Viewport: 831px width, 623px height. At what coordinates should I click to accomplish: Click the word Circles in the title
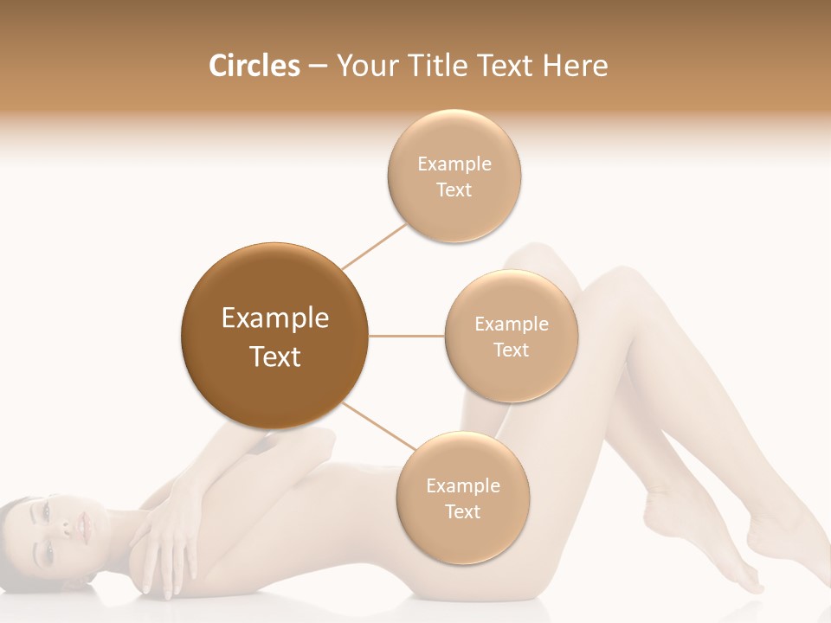(x=254, y=66)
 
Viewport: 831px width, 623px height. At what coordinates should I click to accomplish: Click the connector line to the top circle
(x=374, y=247)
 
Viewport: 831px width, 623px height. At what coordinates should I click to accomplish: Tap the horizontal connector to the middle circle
(x=407, y=336)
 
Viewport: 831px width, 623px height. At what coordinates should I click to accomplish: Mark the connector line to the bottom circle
(x=379, y=426)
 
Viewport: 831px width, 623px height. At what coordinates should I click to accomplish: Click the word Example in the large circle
(x=275, y=318)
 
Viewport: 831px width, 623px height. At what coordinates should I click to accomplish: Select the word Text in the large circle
(x=275, y=356)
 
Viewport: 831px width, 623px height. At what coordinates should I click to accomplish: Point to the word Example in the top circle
(x=454, y=164)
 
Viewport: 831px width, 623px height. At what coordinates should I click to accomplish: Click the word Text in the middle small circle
(x=512, y=350)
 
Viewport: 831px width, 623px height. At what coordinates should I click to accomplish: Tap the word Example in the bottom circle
(x=463, y=485)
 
